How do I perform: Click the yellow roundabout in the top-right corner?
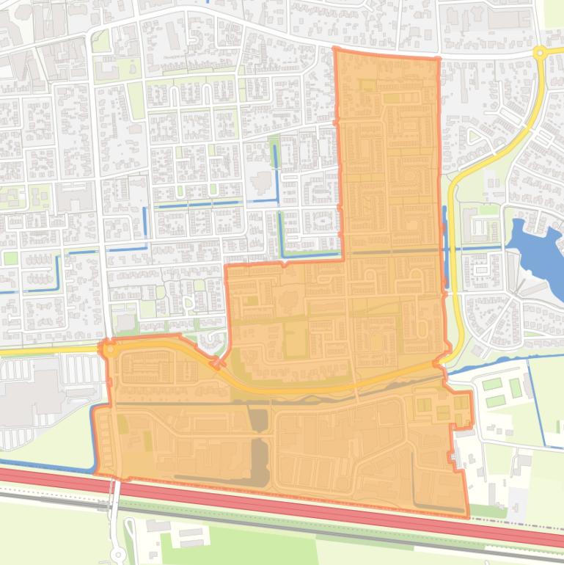[x=540, y=52]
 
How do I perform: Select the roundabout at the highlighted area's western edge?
[x=109, y=350]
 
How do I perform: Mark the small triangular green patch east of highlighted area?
[x=474, y=136]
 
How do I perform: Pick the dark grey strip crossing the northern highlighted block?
[x=392, y=252]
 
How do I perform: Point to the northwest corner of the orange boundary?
[x=335, y=50]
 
